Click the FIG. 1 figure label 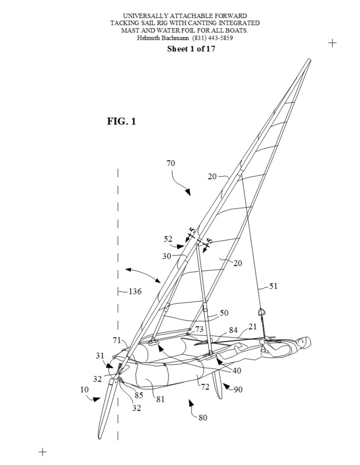click(x=121, y=121)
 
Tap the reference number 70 click(x=171, y=163)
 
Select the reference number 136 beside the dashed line click(x=135, y=292)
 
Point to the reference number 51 click(x=273, y=286)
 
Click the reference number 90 click(x=238, y=389)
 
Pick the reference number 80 click(x=203, y=418)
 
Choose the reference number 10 click(x=84, y=389)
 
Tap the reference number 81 click(x=160, y=399)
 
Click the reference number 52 click(x=168, y=239)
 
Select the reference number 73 click(x=199, y=329)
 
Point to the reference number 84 click(x=233, y=330)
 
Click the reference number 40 click(x=237, y=370)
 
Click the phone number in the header click(x=212, y=38)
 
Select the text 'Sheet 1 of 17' click(x=191, y=49)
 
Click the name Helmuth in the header click(x=148, y=38)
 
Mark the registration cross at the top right click(x=332, y=43)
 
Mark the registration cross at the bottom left click(x=43, y=452)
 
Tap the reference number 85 click(x=138, y=395)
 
